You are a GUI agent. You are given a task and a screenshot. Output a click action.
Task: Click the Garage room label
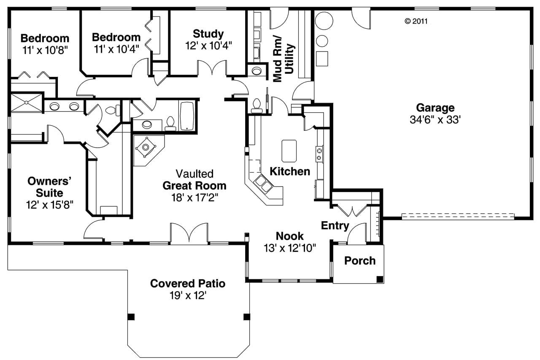(435, 108)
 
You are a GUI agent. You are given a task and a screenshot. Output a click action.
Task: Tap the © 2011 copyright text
(416, 21)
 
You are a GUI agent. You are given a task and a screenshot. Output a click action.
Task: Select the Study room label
(208, 34)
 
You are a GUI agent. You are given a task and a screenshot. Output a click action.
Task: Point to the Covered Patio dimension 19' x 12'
(187, 295)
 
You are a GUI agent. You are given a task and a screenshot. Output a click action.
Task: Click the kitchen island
(289, 151)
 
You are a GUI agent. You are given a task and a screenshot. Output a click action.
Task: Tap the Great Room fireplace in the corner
(146, 147)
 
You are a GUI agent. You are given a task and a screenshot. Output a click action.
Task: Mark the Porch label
(359, 261)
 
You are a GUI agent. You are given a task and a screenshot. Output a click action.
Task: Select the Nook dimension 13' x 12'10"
(289, 248)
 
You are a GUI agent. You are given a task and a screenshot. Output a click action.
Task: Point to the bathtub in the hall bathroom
(187, 115)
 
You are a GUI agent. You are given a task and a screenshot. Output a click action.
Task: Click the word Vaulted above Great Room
(194, 173)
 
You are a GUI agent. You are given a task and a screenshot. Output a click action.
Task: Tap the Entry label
(335, 225)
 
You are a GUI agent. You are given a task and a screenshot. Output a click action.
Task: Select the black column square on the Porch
(380, 279)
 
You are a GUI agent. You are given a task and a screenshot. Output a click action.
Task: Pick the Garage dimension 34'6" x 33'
(435, 120)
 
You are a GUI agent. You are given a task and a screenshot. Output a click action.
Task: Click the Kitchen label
(290, 171)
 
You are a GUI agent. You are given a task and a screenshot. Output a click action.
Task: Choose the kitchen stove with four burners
(319, 154)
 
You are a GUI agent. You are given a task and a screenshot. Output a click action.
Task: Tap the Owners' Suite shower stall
(26, 103)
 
